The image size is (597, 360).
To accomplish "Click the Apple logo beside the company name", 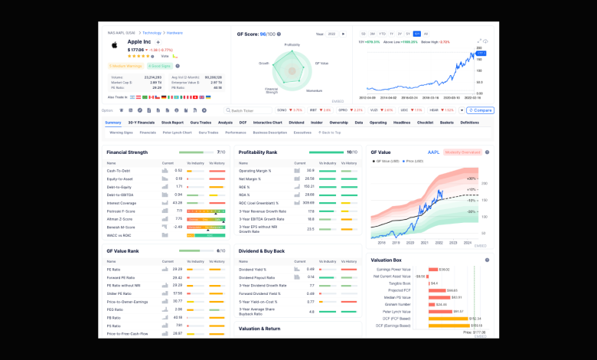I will [x=114, y=44].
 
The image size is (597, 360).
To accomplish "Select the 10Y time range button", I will [x=417, y=34].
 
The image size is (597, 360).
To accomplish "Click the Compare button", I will [x=481, y=110].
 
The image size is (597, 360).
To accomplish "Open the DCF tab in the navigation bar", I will [x=243, y=123].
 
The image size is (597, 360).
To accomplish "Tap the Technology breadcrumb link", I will [x=152, y=33].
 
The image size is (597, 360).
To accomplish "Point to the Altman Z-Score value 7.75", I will [x=178, y=218].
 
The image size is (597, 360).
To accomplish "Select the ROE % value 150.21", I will [x=309, y=186].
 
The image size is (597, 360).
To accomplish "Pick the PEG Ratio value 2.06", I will [x=178, y=309].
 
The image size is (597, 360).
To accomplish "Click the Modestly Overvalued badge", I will [x=462, y=152].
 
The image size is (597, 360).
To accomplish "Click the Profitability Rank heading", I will [x=258, y=152].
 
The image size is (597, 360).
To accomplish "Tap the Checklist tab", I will [x=425, y=123].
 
